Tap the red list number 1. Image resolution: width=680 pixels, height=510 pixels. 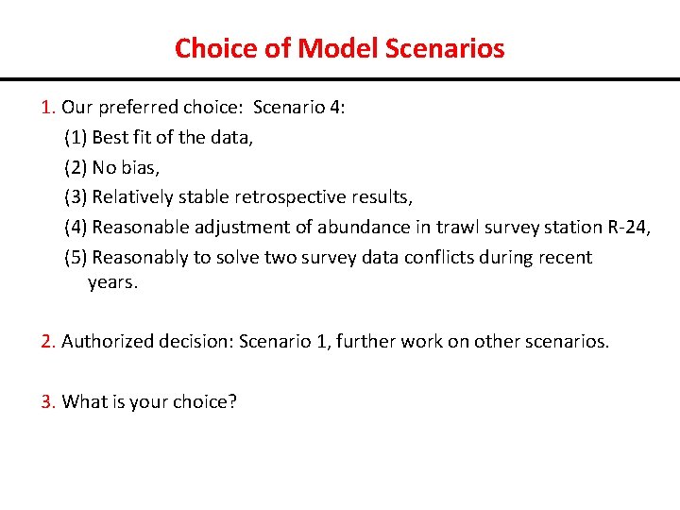click(48, 107)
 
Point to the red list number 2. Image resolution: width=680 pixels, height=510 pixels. click(48, 341)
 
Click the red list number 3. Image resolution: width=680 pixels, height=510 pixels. click(48, 401)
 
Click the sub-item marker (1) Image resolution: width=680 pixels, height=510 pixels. click(76, 137)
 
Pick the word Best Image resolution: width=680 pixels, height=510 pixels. click(110, 137)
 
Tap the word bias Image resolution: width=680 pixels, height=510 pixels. click(139, 167)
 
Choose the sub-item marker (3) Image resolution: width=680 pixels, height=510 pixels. click(76, 197)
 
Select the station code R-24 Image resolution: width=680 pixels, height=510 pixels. click(626, 227)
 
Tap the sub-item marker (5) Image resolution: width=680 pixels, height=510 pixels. click(76, 257)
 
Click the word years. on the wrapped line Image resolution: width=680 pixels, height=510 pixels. click(112, 282)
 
